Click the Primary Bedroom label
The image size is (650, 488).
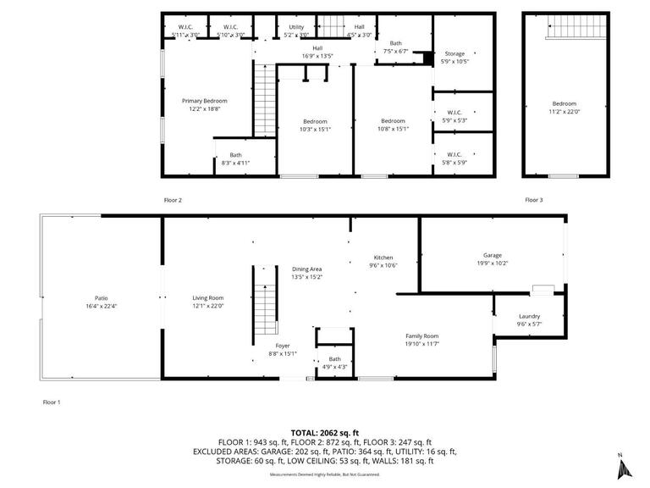(204, 101)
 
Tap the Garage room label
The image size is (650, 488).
(493, 255)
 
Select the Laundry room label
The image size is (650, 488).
(530, 317)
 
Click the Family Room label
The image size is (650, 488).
(421, 336)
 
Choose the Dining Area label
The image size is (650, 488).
(306, 269)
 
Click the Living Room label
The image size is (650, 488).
(207, 298)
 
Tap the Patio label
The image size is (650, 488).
(102, 298)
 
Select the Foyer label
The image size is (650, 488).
(283, 346)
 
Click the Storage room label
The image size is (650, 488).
(454, 54)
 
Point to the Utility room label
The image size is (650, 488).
(296, 27)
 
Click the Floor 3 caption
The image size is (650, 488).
(534, 200)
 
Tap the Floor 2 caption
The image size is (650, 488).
(173, 200)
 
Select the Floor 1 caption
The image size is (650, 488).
(51, 402)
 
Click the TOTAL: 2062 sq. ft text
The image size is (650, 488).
(325, 431)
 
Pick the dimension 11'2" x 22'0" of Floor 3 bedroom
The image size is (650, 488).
(565, 112)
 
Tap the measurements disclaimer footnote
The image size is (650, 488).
(325, 474)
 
